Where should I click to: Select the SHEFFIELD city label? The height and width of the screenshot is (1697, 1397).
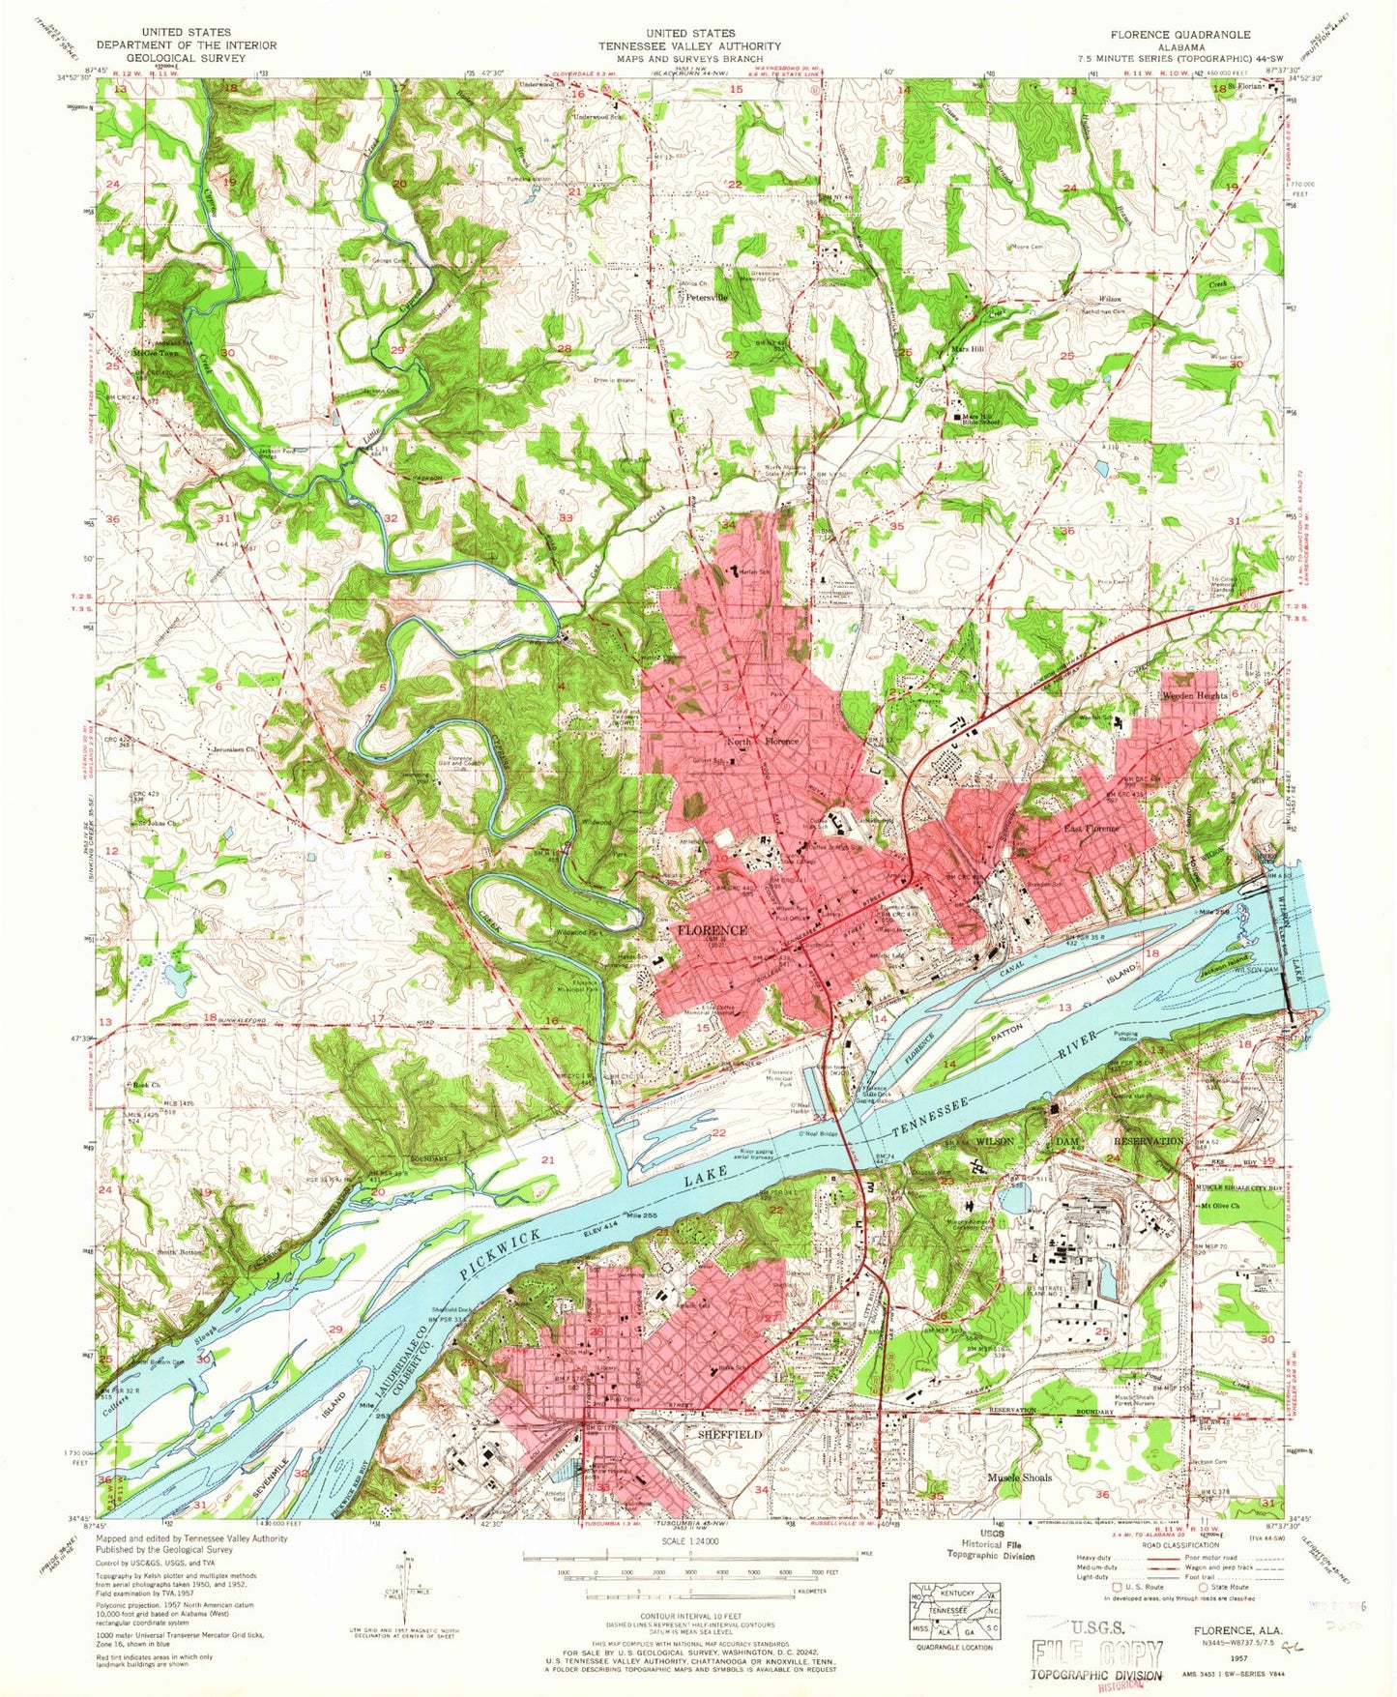(x=730, y=1436)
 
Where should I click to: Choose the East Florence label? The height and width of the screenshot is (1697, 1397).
(x=1091, y=829)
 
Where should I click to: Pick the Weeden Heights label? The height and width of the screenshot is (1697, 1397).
(x=1194, y=696)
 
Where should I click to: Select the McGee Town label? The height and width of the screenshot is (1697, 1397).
(x=156, y=354)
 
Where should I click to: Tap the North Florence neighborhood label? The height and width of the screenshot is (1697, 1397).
(x=763, y=742)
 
